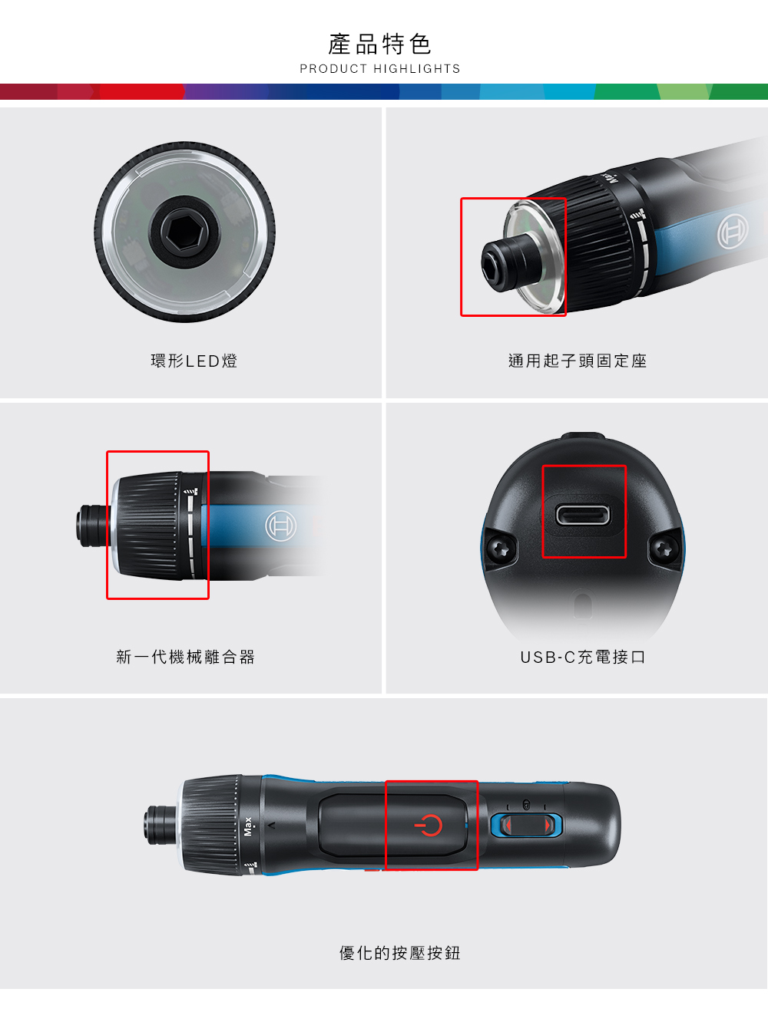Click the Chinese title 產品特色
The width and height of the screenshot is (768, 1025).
(x=379, y=44)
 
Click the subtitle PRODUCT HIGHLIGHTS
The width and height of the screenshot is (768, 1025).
(x=379, y=69)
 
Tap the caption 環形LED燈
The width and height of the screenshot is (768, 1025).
(x=194, y=361)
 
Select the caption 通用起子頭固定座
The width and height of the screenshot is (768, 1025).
(x=578, y=361)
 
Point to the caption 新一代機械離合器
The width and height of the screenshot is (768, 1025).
(x=186, y=657)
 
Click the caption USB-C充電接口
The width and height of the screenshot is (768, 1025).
(x=583, y=657)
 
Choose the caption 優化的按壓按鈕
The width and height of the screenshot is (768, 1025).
(x=399, y=953)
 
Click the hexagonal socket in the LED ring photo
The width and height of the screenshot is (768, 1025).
(x=184, y=230)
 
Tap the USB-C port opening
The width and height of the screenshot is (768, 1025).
(x=583, y=514)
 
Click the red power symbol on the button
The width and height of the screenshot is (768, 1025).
(x=429, y=826)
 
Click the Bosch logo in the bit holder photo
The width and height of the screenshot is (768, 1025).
(x=732, y=231)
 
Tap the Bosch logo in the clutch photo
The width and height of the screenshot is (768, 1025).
(x=280, y=527)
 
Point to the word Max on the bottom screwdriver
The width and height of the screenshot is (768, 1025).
(x=247, y=826)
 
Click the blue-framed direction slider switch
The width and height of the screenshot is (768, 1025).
(x=526, y=826)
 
